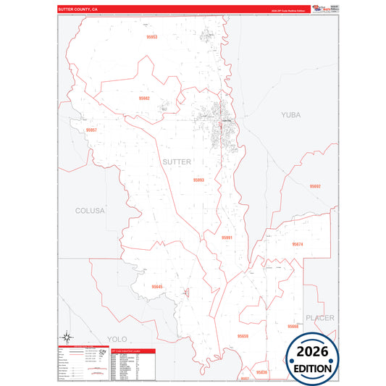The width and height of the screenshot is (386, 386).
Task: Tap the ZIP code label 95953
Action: tap(151, 36)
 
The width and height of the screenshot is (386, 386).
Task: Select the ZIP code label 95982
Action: tap(144, 98)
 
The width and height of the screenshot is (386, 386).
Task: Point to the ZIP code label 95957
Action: tap(91, 130)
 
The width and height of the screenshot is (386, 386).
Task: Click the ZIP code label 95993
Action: tap(198, 180)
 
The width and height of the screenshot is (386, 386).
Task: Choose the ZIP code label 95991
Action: tap(227, 238)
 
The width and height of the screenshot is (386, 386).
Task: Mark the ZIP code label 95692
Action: tap(315, 186)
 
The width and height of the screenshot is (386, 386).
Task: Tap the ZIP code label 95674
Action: tap(298, 245)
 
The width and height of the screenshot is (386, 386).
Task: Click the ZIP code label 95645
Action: tap(157, 287)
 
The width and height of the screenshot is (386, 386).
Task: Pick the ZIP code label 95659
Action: tap(243, 336)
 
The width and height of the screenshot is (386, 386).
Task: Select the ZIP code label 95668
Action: tap(293, 327)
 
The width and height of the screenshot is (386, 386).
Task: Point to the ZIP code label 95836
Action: tap(261, 372)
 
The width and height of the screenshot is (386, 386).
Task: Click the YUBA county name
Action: tap(291, 114)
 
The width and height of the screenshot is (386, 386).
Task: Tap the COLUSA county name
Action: tap(91, 211)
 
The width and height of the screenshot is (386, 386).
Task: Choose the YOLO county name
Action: tap(117, 338)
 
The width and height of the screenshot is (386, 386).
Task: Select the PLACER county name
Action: tap(319, 317)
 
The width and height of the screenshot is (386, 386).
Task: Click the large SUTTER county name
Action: tap(178, 161)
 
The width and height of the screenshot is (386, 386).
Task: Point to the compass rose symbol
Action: tap(67, 336)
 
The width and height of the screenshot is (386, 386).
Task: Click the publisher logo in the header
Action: tap(319, 9)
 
